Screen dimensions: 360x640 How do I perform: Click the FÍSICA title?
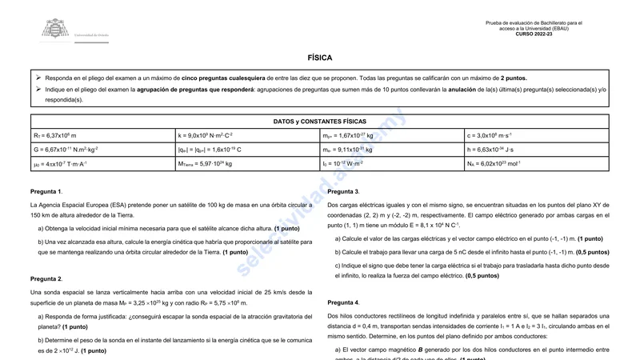319,58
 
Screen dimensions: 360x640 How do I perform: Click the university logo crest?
55,30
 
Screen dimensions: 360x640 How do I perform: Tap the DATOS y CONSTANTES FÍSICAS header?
319,122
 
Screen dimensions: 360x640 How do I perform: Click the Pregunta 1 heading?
46,192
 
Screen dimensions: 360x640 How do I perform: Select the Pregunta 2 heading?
46,279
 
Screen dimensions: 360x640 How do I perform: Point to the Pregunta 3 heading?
343,192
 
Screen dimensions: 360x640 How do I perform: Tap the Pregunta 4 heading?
343,302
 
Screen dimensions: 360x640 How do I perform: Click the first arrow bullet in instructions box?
38,78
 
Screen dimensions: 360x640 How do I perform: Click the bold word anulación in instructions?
468,90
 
